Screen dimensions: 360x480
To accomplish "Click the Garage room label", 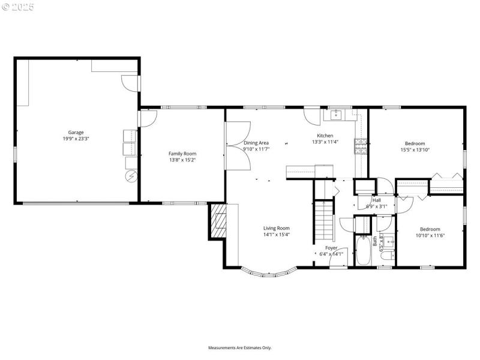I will pos(76,132).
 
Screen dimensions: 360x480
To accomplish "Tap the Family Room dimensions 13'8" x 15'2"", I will pos(182,160).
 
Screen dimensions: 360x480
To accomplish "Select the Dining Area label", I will pos(256,143).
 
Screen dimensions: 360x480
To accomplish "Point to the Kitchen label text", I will pos(325,136).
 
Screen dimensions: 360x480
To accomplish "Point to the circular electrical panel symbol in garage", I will pos(131,176).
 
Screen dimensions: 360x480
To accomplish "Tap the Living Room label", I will pos(277,228).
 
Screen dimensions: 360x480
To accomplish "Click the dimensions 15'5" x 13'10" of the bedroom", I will pos(415,150).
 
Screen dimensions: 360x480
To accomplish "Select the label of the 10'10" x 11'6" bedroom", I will pos(430,229).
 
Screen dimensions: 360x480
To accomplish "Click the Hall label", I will pos(376,200).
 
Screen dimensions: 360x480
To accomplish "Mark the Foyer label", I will pos(331,247).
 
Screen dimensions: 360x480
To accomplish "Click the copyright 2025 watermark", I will pos(18,7).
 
